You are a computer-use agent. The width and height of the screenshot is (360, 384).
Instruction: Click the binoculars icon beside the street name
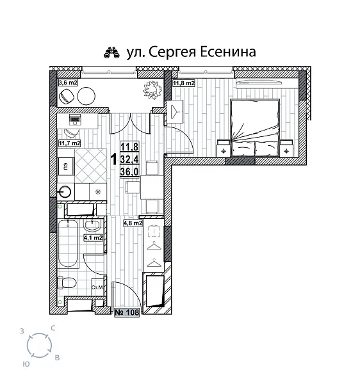113,52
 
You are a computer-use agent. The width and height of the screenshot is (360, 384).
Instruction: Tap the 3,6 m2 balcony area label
68,82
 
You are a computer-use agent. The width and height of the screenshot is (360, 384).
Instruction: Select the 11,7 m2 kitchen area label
69,143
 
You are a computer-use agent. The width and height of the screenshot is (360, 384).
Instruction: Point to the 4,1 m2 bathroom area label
94,237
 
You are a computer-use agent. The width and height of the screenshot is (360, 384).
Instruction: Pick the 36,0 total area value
129,172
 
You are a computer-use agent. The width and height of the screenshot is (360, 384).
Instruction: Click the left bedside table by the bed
224,148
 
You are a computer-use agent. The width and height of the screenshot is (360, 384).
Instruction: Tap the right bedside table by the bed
286,148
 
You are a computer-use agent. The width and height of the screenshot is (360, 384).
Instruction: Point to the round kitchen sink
66,191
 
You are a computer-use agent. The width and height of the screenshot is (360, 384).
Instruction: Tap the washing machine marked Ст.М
98,287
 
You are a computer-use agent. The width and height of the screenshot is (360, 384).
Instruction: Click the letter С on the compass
53,328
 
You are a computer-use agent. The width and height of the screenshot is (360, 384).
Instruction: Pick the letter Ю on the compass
24,363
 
